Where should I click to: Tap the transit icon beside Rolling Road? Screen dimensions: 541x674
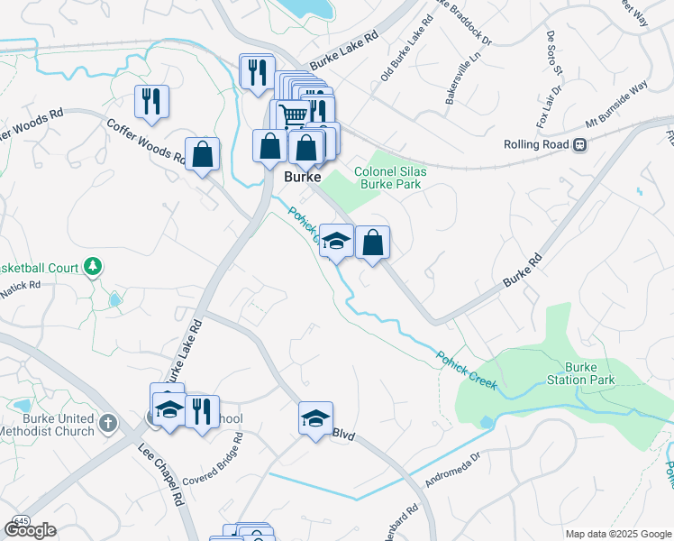tap(581, 144)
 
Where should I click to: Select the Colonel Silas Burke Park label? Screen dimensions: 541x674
tap(388, 177)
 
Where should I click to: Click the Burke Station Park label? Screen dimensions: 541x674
tap(590, 373)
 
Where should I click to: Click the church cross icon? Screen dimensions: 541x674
tap(107, 423)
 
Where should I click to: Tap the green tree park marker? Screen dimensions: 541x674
tap(92, 266)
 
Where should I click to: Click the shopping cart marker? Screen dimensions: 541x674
tap(292, 115)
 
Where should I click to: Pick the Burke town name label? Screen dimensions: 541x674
tap(303, 178)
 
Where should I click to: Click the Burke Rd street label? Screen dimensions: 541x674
tap(524, 270)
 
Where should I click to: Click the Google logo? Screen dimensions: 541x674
tap(31, 530)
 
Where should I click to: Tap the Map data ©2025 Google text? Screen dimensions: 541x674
tap(618, 535)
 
